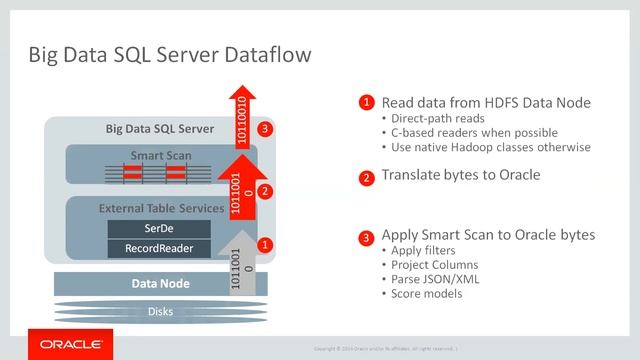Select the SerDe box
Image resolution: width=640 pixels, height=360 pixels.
[x=159, y=229]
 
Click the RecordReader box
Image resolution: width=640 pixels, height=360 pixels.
[x=159, y=247]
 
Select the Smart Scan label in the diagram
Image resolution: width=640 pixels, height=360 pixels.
[x=160, y=156]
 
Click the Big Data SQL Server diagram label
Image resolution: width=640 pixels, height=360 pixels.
[x=159, y=129]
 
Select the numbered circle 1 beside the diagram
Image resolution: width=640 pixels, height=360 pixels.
[x=265, y=243]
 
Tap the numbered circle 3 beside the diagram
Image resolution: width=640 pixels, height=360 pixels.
[x=265, y=129]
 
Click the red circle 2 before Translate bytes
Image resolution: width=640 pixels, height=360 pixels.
[x=368, y=175]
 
